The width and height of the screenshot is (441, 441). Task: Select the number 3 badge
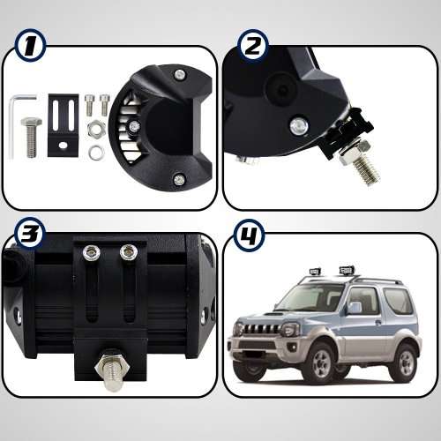(31, 234)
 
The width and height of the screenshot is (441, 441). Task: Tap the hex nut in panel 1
(95, 133)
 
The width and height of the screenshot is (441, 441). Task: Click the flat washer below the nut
(96, 152)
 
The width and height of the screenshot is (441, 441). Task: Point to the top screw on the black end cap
(178, 73)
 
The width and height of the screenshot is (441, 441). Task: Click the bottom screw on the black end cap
(179, 179)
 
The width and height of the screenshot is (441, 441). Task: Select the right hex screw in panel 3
(129, 254)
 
